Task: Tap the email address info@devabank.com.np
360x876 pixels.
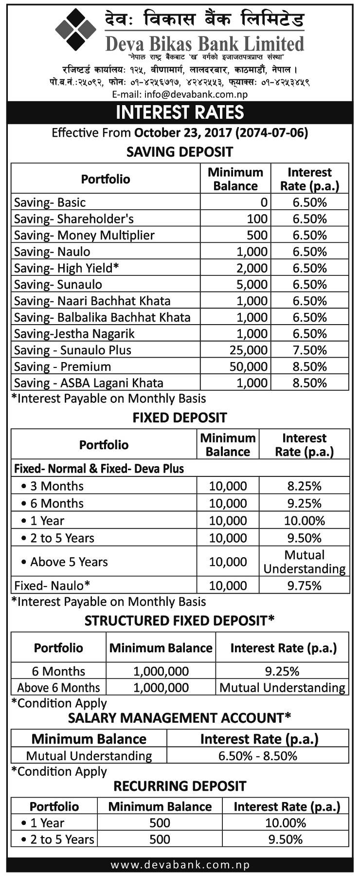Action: (180, 94)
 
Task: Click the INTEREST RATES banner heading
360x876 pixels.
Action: (180, 112)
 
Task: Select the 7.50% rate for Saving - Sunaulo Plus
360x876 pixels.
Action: (309, 350)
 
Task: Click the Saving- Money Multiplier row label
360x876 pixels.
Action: (84, 236)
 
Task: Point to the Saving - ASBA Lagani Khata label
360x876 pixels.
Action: (89, 383)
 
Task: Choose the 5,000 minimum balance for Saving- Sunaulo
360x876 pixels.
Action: (252, 285)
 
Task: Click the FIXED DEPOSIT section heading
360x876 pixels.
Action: (180, 418)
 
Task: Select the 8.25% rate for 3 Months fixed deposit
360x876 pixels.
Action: (304, 486)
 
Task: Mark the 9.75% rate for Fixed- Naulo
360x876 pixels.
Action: (304, 586)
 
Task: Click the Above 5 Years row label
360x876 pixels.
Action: (69, 562)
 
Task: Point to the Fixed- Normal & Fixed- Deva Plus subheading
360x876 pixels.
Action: (99, 469)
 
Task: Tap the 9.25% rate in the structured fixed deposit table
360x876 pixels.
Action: (282, 672)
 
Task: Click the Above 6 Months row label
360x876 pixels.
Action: (58, 688)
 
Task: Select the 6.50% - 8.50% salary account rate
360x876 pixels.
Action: (257, 756)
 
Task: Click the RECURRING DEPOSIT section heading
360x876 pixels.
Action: (180, 786)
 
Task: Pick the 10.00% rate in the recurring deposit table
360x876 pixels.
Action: (286, 823)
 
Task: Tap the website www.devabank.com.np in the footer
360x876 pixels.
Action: (180, 865)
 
